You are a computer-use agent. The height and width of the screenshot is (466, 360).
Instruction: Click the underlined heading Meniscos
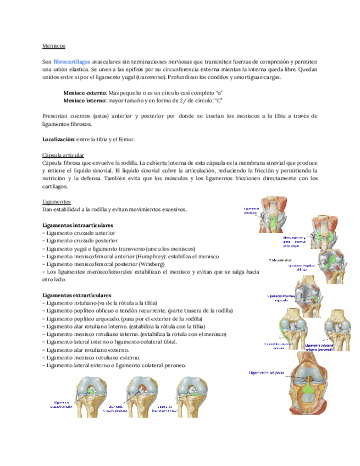(54, 46)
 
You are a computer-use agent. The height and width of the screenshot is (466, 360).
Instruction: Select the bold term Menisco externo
(85, 93)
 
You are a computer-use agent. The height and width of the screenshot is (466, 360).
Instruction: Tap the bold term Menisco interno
(85, 101)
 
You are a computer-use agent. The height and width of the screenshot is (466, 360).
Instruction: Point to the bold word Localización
(58, 140)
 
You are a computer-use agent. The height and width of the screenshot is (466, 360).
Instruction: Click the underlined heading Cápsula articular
(63, 156)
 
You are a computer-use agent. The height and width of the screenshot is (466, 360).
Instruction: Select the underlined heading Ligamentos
(56, 202)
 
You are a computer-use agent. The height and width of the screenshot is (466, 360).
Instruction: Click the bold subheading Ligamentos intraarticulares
(77, 225)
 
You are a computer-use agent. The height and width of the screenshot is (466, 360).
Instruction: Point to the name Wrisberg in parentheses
(155, 264)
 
